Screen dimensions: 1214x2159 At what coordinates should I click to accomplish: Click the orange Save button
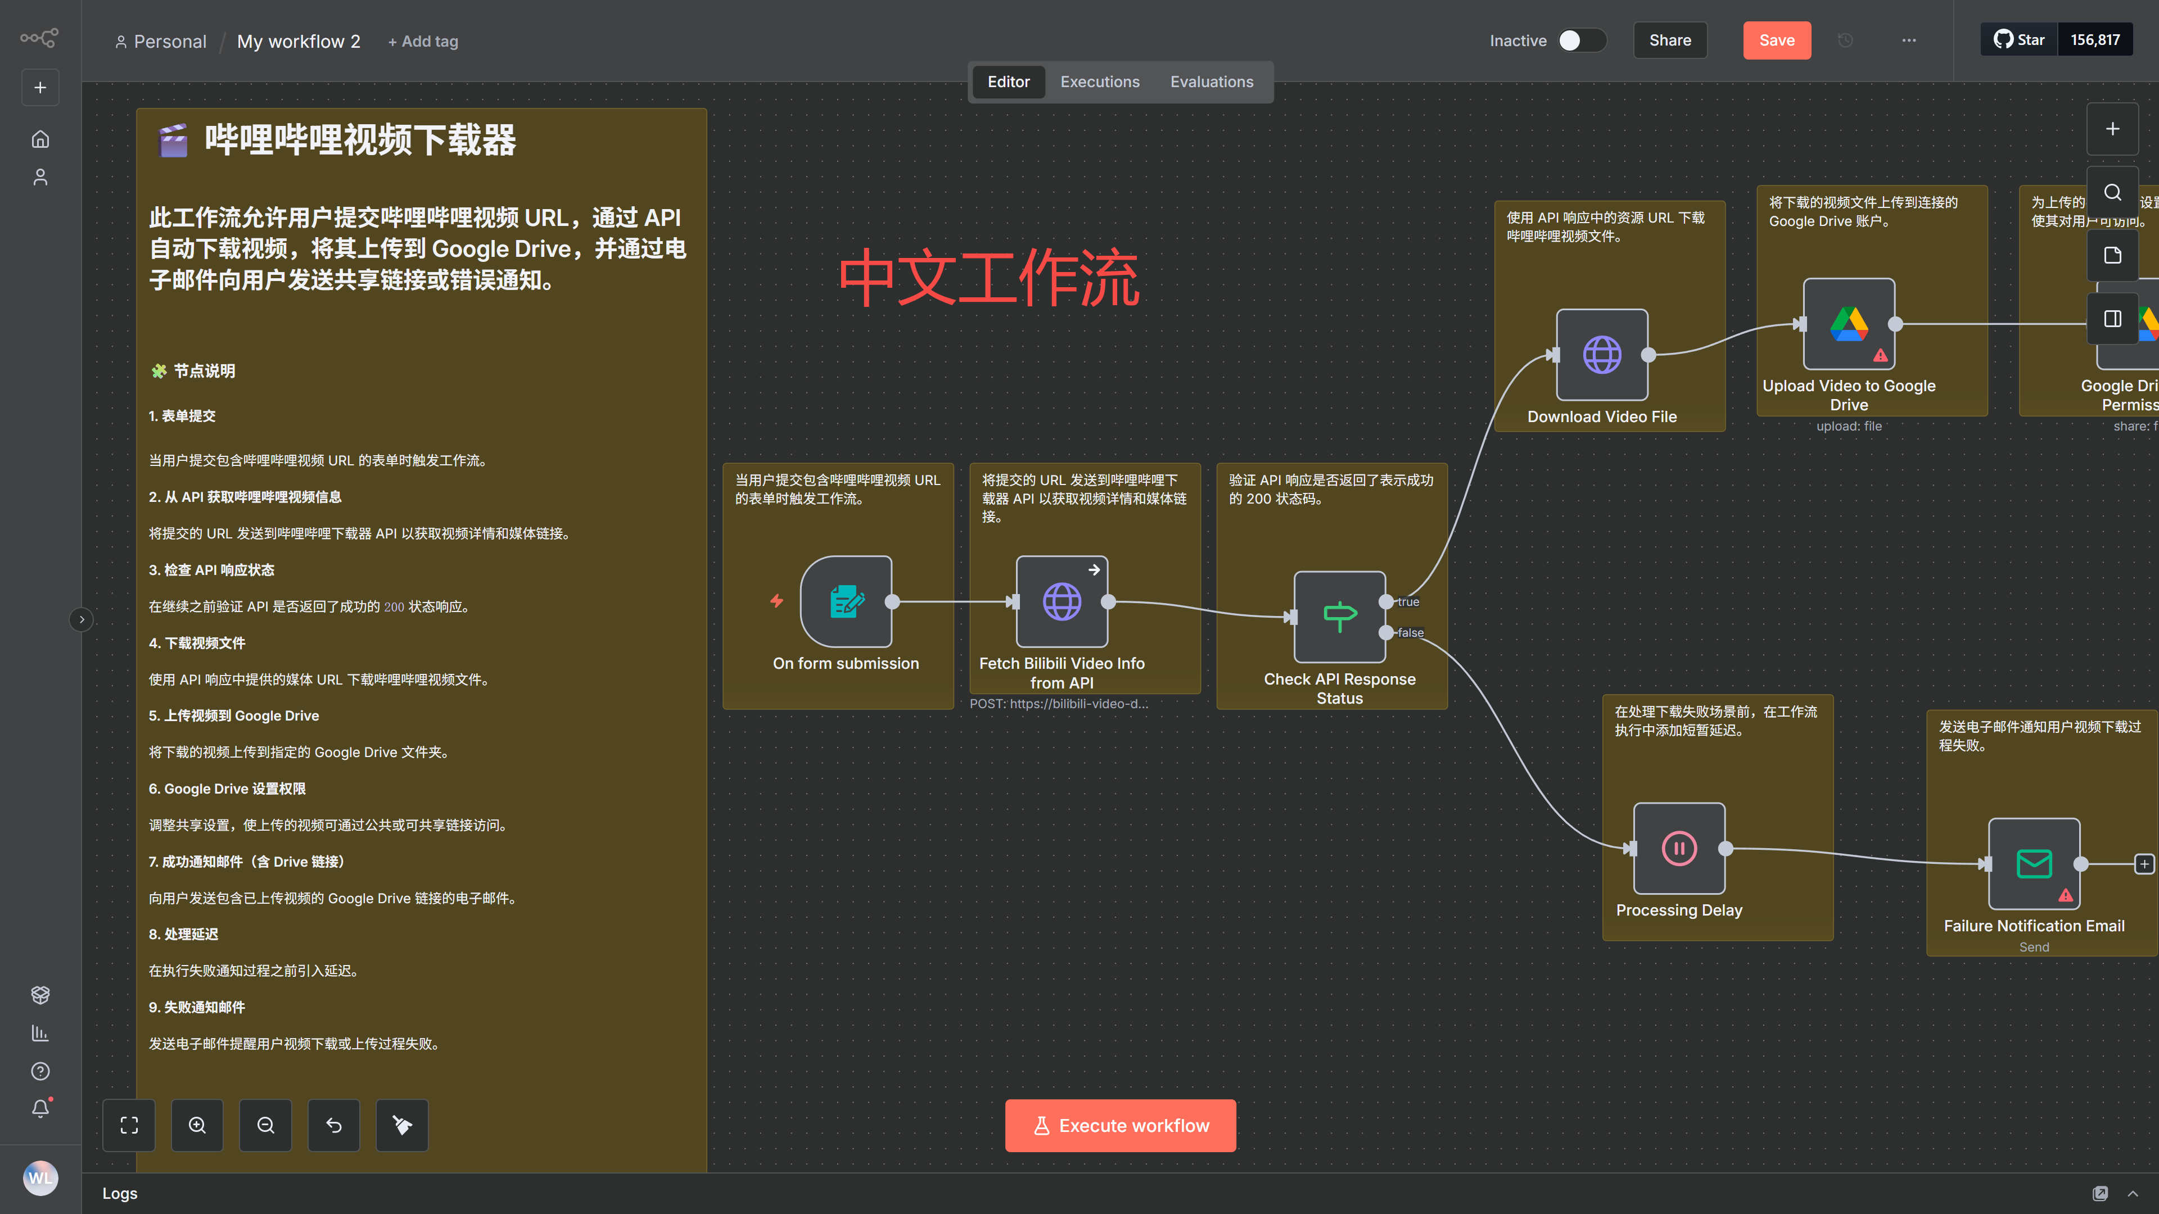[1776, 40]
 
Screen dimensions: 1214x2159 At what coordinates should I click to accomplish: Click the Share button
[1669, 40]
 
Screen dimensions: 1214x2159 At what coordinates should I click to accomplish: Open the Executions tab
[1100, 82]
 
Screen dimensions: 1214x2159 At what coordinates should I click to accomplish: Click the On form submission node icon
[846, 601]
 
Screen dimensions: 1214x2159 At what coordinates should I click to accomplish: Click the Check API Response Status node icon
[1339, 617]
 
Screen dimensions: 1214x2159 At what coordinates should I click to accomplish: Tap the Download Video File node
[1602, 355]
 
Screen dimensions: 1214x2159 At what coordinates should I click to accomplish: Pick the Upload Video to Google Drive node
[1848, 323]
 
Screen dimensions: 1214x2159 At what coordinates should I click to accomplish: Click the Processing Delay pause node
[1679, 848]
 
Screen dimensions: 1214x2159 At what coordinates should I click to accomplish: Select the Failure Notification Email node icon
[2034, 863]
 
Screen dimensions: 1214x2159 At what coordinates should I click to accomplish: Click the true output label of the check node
[1408, 601]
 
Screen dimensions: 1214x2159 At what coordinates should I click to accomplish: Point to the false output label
[1411, 632]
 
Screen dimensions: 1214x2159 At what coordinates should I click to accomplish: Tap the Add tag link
[423, 41]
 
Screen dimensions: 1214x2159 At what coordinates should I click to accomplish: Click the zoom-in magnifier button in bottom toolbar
[197, 1125]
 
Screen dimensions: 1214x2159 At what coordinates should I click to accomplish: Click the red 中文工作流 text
[989, 278]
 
